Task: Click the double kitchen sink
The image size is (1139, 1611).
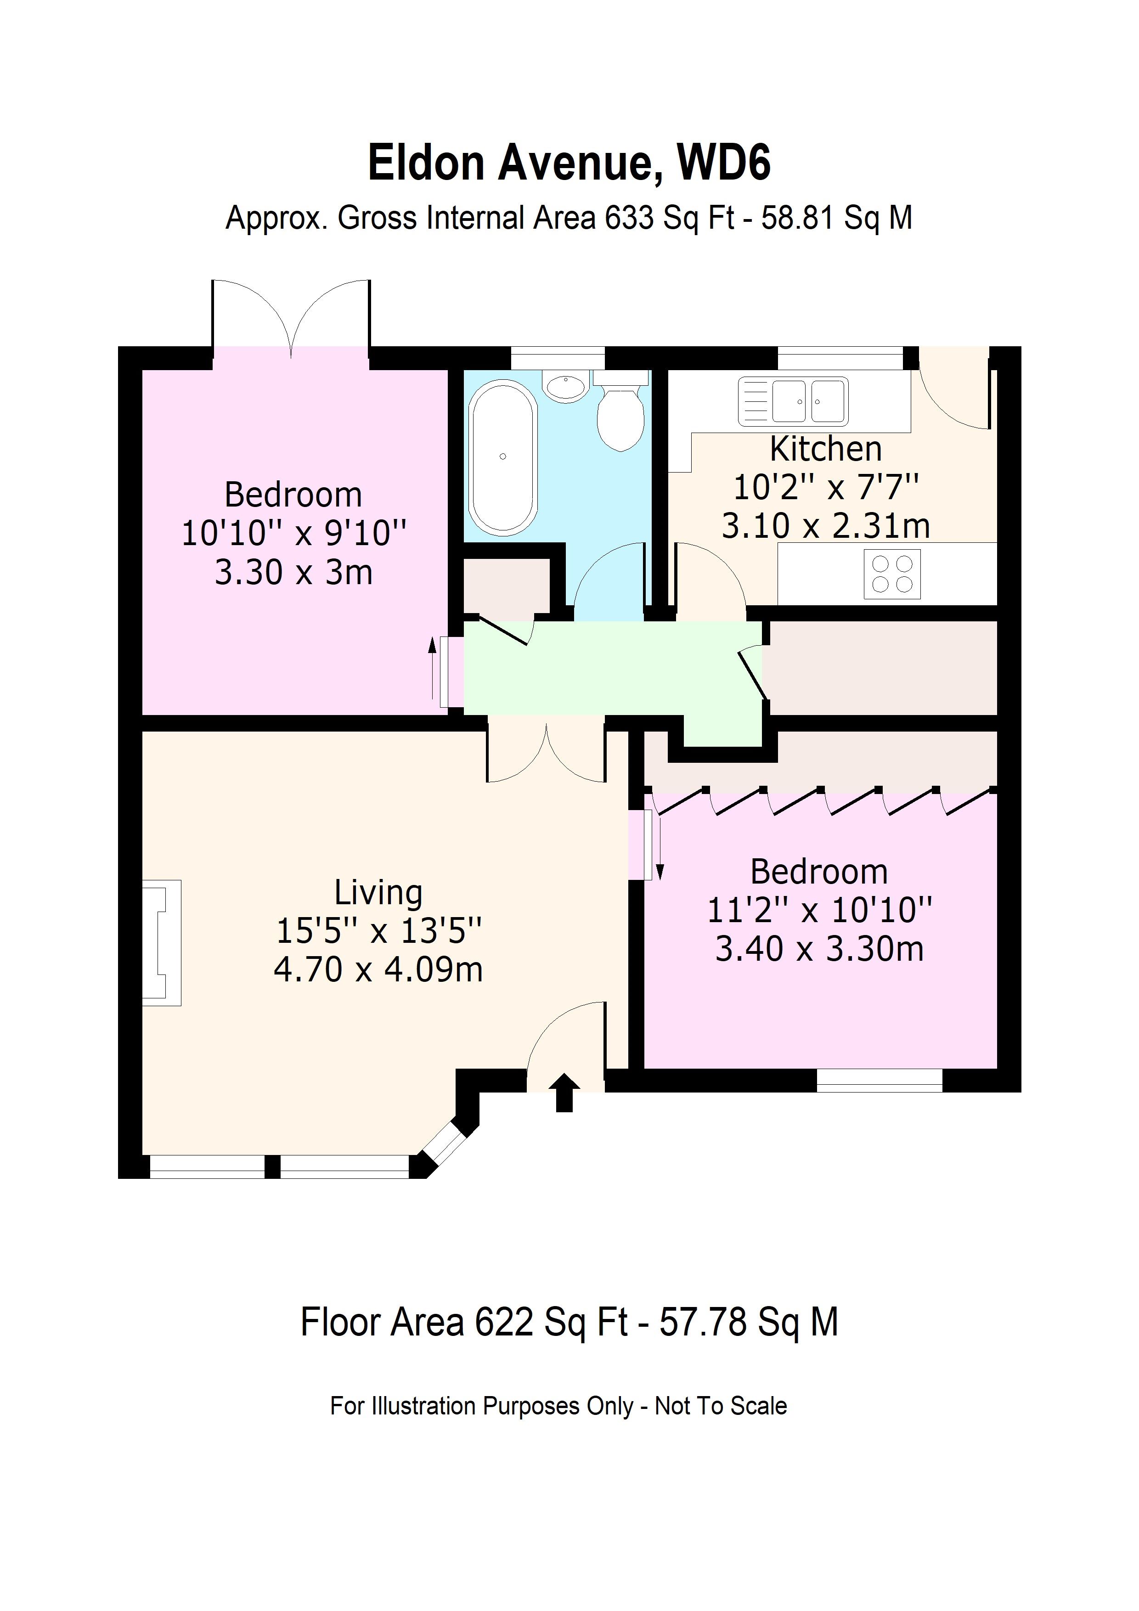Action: click(793, 401)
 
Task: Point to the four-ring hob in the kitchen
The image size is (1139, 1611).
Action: click(891, 574)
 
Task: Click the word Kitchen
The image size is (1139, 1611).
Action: click(825, 449)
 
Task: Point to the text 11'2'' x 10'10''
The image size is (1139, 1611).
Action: click(819, 911)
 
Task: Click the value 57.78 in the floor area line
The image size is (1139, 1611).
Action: click(703, 1322)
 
